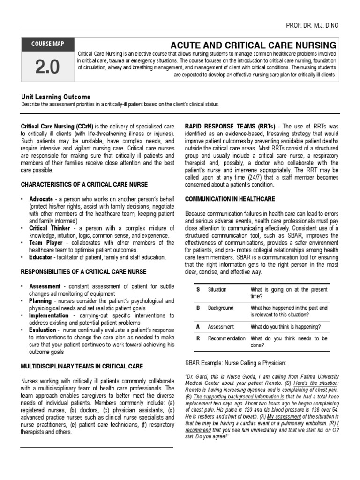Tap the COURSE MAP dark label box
(48, 45)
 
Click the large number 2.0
(48, 67)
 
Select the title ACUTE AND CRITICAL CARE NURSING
(253, 45)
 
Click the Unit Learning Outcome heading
(56, 97)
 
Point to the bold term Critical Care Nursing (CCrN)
(57, 127)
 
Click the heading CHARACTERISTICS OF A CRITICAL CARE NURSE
(84, 184)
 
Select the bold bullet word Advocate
(41, 199)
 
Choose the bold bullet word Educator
(40, 257)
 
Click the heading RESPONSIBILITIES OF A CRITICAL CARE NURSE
(83, 272)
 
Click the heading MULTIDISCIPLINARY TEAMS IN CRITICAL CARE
(82, 366)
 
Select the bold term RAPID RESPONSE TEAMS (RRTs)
(230, 127)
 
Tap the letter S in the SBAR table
(198, 290)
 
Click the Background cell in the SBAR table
(220, 308)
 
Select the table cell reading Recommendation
(226, 338)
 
